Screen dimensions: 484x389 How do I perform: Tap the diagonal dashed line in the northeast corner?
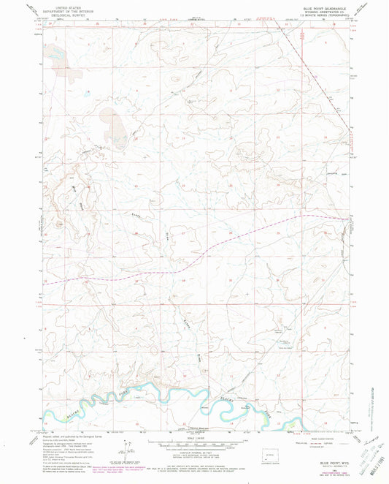(x=314, y=66)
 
